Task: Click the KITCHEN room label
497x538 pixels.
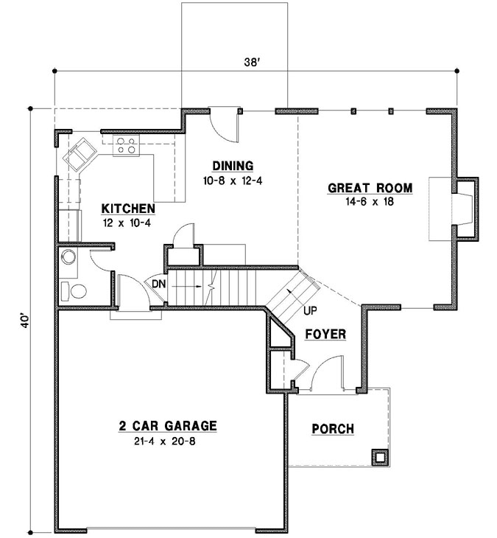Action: click(x=128, y=208)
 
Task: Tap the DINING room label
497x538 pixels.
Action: click(x=233, y=165)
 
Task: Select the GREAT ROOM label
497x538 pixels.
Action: click(x=370, y=188)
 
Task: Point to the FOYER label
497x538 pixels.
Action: click(x=325, y=335)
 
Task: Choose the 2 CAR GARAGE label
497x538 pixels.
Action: click(x=168, y=425)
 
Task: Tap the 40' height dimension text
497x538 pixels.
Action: click(x=24, y=322)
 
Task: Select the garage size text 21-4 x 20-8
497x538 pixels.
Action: click(x=168, y=441)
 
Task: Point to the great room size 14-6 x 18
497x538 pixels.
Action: click(x=370, y=202)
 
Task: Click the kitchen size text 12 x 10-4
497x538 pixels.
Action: click(x=128, y=221)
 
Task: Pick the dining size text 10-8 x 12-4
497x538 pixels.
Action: click(x=233, y=179)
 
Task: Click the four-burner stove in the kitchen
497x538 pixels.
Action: click(x=126, y=146)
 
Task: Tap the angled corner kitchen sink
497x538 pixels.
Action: click(x=78, y=155)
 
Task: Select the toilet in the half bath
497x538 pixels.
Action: click(x=73, y=290)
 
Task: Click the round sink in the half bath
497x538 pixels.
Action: click(x=68, y=257)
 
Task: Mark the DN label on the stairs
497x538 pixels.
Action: click(x=158, y=284)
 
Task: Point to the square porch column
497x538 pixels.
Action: click(x=379, y=457)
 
